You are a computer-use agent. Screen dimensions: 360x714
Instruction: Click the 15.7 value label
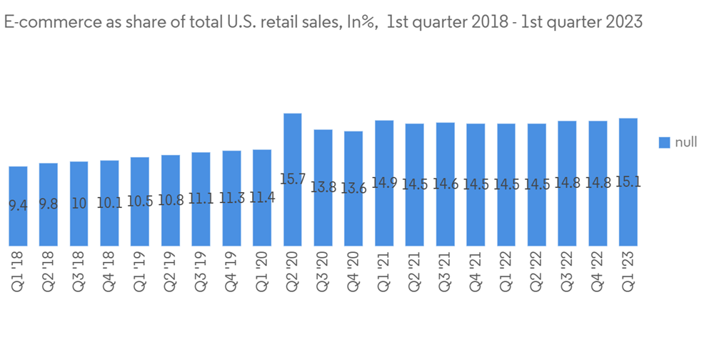click(293, 179)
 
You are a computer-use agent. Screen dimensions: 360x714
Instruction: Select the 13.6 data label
click(353, 189)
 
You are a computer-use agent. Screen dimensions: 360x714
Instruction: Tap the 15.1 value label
click(628, 182)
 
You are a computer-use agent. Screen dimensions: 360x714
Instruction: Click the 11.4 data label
click(262, 198)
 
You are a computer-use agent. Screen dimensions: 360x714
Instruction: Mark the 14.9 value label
click(384, 183)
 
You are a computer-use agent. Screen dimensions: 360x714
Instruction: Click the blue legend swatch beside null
click(663, 143)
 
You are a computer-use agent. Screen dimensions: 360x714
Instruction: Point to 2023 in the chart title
click(623, 22)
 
